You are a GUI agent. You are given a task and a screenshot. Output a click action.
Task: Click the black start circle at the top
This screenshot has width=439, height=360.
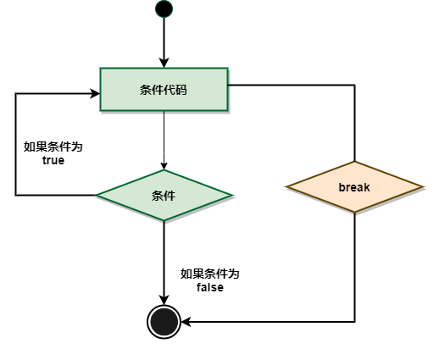[x=164, y=9]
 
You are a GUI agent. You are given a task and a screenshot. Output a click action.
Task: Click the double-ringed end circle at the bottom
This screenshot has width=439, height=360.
[x=164, y=322]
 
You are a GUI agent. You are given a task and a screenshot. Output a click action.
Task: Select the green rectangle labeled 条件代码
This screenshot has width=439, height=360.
[x=164, y=89]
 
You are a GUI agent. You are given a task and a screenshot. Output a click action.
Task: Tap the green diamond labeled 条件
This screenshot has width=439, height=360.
[x=164, y=195]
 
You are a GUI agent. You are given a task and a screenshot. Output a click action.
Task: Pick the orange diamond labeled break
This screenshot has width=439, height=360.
[x=354, y=186]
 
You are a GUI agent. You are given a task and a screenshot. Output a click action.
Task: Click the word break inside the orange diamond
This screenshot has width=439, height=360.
[x=354, y=187]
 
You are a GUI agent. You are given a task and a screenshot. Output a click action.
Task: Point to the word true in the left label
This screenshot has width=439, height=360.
[x=53, y=160]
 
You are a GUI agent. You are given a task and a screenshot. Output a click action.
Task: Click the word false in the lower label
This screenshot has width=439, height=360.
[x=210, y=287]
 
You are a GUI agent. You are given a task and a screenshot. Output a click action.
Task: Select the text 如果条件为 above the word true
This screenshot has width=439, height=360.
[x=53, y=147]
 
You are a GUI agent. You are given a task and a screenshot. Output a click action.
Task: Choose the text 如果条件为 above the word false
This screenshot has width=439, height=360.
[x=210, y=274]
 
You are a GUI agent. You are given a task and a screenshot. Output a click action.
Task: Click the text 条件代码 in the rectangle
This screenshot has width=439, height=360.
[x=164, y=90]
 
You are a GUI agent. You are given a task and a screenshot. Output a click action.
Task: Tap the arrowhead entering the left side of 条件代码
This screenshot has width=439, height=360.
[x=95, y=93]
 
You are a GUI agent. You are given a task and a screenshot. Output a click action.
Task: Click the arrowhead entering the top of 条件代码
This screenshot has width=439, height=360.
[x=164, y=63]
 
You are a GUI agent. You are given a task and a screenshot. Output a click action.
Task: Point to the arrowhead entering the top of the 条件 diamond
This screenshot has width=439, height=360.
[x=164, y=166]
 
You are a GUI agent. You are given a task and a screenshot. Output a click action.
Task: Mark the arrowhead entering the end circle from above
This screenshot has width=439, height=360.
[x=164, y=300]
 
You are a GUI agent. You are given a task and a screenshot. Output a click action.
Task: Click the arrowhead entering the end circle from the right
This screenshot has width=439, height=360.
[x=186, y=322]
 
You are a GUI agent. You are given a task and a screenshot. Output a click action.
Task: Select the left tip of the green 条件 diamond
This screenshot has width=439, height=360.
[x=96, y=195]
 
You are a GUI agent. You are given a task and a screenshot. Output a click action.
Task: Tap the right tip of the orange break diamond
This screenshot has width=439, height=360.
[x=423, y=186]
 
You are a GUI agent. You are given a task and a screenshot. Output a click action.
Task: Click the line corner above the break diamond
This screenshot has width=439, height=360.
[x=354, y=85]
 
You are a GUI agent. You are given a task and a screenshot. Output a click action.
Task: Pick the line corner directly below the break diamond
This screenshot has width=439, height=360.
[x=354, y=322]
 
